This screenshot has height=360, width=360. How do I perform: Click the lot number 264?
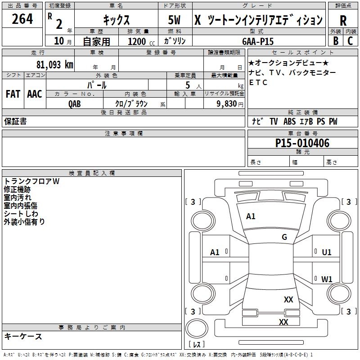coord(22,19)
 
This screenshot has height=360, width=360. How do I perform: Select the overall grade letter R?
coord(343,21)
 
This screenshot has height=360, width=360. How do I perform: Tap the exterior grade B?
coord(335,40)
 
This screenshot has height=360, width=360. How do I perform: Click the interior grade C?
coord(350,40)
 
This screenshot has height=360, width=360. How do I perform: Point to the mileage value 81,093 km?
coord(54,64)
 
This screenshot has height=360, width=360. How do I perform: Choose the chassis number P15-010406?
coord(302,143)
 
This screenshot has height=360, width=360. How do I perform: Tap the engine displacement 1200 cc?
coord(140,41)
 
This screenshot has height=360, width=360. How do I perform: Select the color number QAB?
coord(75,103)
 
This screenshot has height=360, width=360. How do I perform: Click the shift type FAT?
coord(13,94)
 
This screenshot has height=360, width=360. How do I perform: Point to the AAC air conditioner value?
coord(34,94)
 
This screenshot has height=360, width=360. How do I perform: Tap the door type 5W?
coord(175,21)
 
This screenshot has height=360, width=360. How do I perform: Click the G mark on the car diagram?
coord(284,237)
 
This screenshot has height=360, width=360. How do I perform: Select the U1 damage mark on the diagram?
coord(327,252)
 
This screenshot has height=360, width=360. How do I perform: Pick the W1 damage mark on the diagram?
coord(327,279)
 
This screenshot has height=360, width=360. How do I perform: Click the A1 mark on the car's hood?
coord(251,216)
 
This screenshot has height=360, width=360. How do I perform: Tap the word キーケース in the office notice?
coord(23,336)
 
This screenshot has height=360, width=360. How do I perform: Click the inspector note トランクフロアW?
coord(31,181)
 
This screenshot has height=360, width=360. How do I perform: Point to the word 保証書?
coord(15,121)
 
